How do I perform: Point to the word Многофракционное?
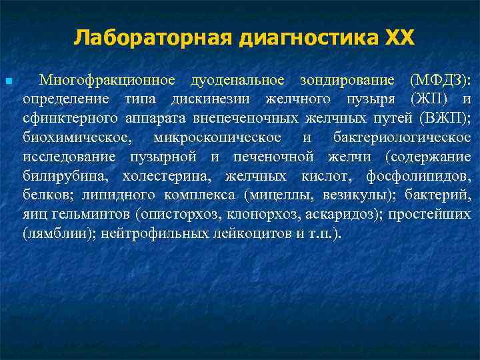coord(107,81)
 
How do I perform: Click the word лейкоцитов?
coord(251,235)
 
